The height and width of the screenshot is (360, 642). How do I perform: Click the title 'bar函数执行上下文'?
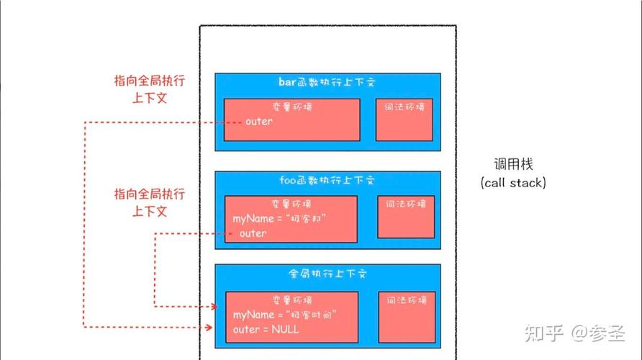327,82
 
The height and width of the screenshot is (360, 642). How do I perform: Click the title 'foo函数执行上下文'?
327,180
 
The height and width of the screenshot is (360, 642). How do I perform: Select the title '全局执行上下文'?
327,274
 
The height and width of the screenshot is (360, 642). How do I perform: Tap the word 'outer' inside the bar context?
259,121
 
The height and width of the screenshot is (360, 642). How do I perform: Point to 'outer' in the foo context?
253,233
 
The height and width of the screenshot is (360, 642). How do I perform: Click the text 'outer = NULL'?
266,329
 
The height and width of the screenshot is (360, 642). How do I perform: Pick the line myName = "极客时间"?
285,315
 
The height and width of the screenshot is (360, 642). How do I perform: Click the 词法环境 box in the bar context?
404,120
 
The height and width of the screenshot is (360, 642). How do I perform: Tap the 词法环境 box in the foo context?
406,216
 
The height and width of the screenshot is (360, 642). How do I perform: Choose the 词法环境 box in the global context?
407,312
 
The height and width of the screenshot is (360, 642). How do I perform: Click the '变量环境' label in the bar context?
291,107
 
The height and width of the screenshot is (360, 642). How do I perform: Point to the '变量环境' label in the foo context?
291,203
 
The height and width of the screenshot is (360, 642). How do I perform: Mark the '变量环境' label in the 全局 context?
291,300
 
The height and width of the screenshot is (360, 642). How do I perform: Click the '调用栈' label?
513,164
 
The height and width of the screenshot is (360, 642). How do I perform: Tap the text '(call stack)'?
513,183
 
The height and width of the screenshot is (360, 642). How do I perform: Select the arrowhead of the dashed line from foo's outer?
214,306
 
